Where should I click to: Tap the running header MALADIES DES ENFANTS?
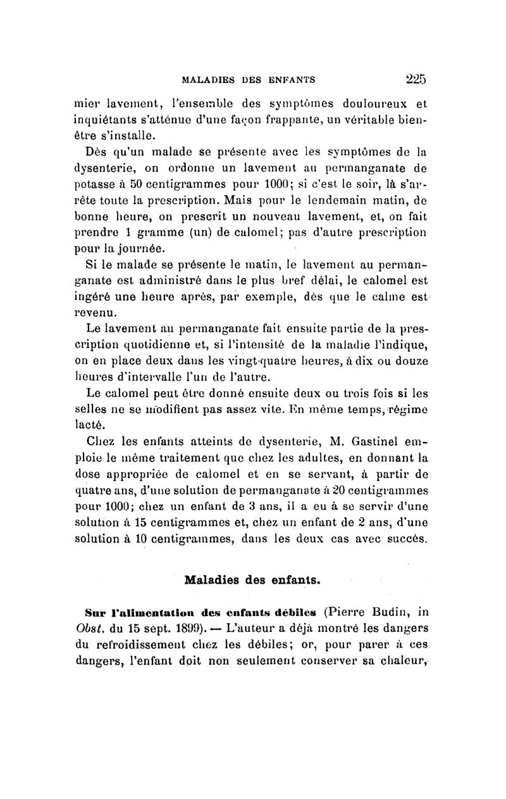(x=249, y=80)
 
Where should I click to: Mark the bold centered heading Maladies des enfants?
(x=252, y=579)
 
